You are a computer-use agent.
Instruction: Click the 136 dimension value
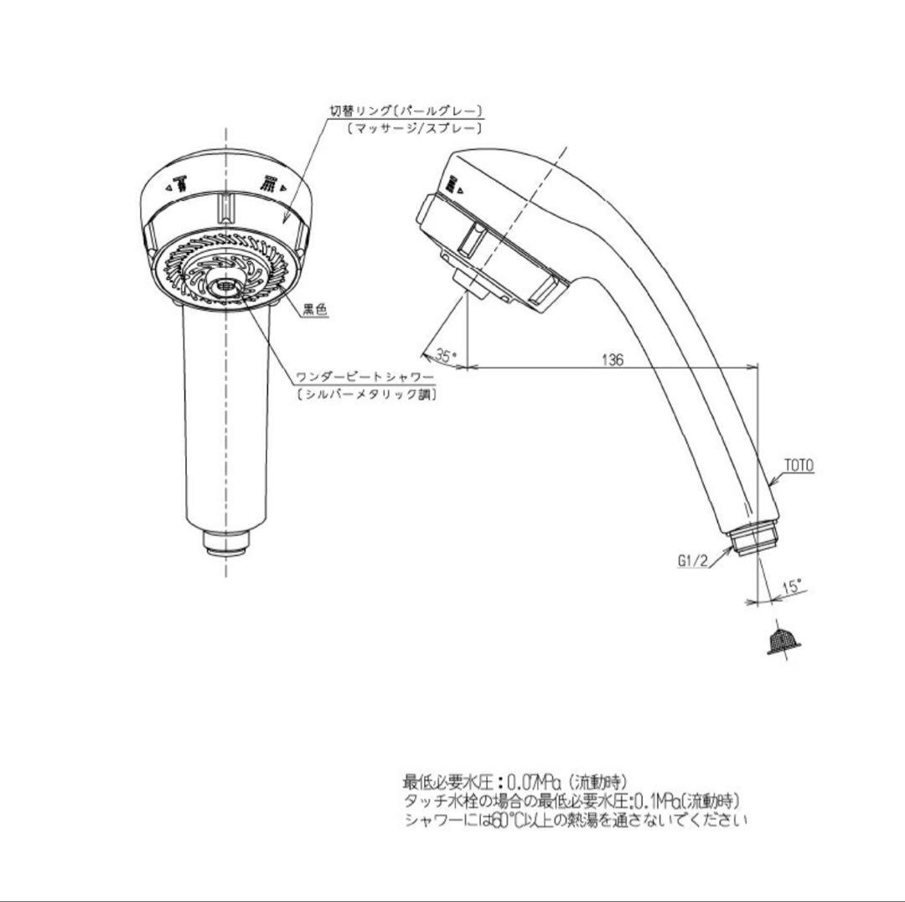[613, 360]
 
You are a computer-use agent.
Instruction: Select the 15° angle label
[791, 587]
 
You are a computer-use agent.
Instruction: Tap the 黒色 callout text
[314, 310]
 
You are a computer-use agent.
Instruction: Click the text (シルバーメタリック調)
[366, 394]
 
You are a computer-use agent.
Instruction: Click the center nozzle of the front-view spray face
[225, 286]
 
